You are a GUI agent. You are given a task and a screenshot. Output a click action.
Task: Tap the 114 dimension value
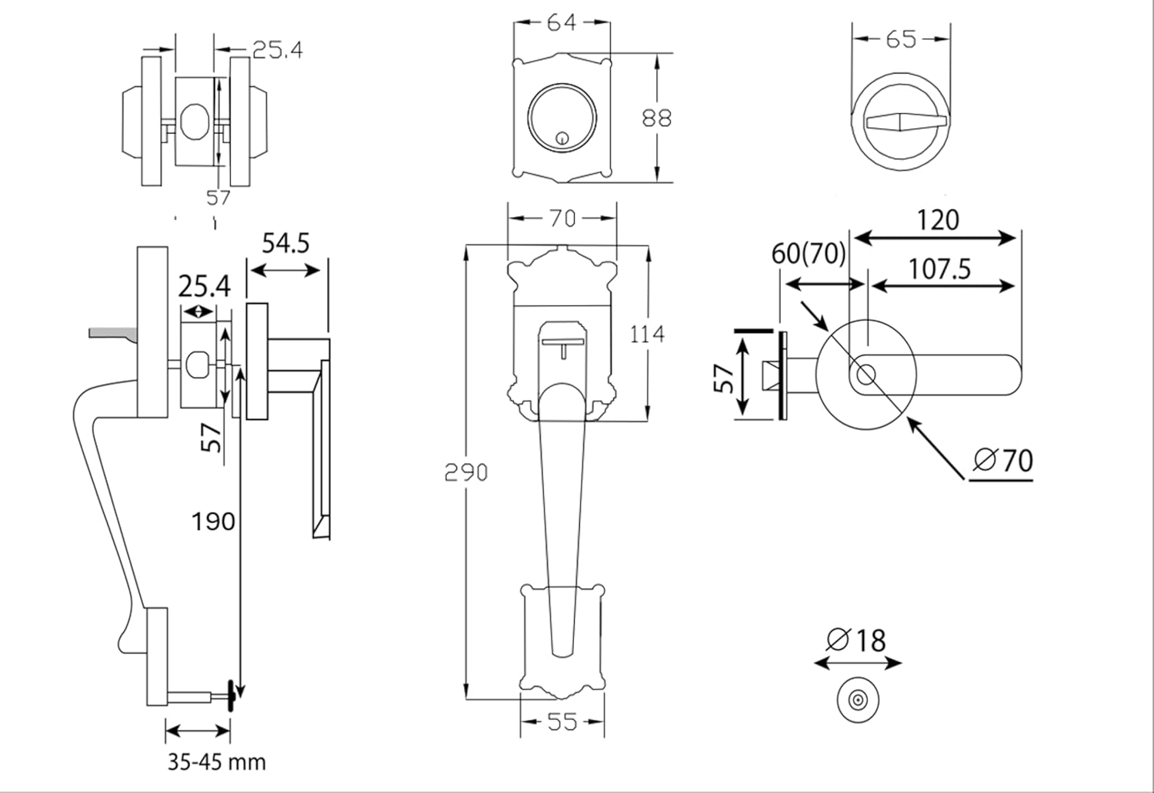click(x=647, y=335)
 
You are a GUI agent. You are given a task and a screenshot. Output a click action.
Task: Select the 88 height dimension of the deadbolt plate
click(x=656, y=118)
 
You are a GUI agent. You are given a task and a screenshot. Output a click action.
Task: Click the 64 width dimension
click(x=562, y=23)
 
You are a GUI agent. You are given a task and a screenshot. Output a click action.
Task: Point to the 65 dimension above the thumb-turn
click(x=901, y=38)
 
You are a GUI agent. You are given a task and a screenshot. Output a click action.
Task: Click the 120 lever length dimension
click(x=938, y=221)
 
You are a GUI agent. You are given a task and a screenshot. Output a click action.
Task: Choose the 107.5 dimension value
click(x=939, y=269)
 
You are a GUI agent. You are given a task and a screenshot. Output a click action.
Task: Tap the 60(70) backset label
click(x=809, y=253)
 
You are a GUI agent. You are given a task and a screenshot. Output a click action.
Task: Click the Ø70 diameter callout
click(x=1002, y=461)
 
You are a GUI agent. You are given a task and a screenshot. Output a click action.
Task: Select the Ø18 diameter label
click(x=856, y=640)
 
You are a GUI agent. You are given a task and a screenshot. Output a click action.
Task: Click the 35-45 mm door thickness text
click(x=217, y=762)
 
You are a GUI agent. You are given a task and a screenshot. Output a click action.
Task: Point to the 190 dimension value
click(x=212, y=521)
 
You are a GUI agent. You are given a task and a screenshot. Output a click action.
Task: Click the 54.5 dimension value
click(x=285, y=243)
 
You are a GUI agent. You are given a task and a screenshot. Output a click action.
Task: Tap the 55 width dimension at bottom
click(x=562, y=722)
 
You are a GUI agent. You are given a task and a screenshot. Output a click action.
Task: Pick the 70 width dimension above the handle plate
click(x=562, y=218)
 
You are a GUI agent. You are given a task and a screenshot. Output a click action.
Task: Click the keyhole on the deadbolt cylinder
click(x=562, y=139)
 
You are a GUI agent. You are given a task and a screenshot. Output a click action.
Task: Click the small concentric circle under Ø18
click(x=856, y=701)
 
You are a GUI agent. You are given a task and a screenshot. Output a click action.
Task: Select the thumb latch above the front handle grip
click(x=563, y=342)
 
